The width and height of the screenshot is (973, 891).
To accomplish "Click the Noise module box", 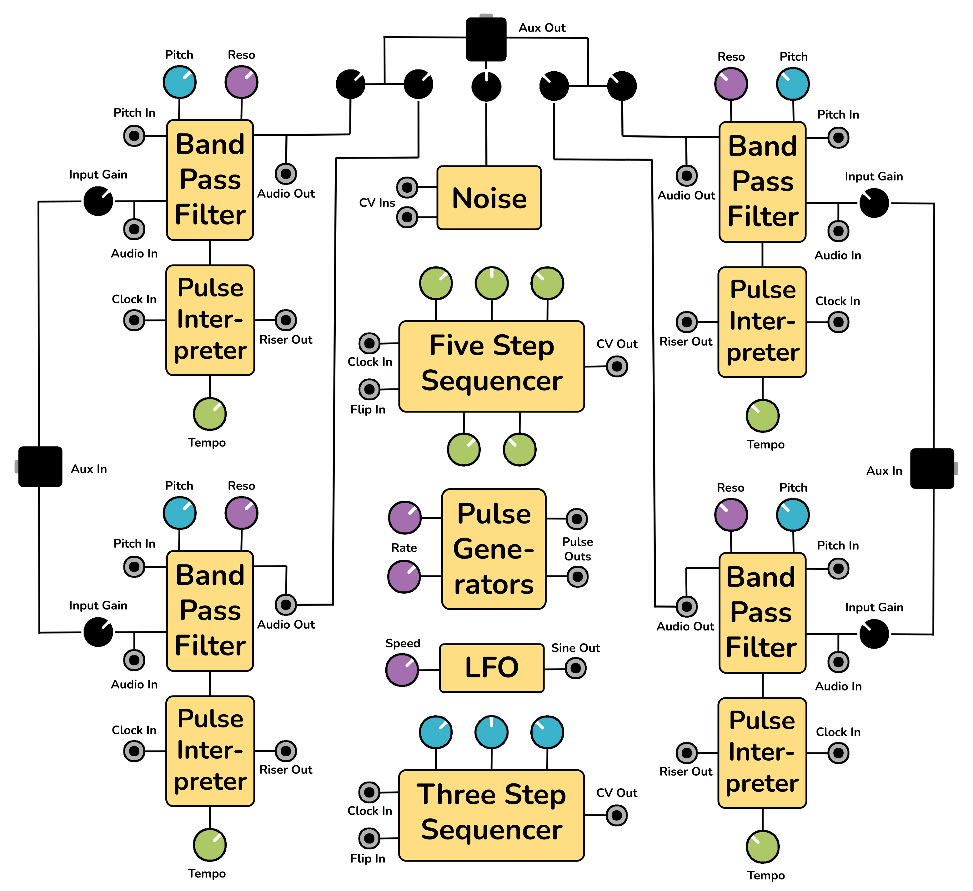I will [x=489, y=198].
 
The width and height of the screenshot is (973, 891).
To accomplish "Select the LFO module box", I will [x=491, y=668].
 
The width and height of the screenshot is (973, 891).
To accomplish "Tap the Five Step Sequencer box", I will [x=491, y=366].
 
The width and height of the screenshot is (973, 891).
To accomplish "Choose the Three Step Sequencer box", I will [x=491, y=815].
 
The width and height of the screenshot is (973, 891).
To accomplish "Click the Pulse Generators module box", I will [x=494, y=549].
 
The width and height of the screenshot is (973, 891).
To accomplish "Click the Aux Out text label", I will [x=542, y=28].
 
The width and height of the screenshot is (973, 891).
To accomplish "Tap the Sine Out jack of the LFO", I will [x=575, y=668].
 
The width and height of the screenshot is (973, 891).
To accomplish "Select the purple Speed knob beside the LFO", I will [x=402, y=670].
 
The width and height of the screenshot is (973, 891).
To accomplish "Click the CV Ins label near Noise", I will [x=377, y=203].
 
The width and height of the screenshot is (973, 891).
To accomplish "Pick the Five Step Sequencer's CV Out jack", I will [x=617, y=367].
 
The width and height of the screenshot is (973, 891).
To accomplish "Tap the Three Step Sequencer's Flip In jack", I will [x=369, y=838].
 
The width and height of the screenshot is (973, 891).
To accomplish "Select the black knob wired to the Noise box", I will [x=486, y=87].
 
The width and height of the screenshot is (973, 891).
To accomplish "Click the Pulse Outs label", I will [x=577, y=549].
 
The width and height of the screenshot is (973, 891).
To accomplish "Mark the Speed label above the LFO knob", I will [x=403, y=643].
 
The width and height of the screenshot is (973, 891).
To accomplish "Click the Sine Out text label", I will [x=575, y=648].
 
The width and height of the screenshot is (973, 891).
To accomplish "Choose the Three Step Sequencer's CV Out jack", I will [x=616, y=816].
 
